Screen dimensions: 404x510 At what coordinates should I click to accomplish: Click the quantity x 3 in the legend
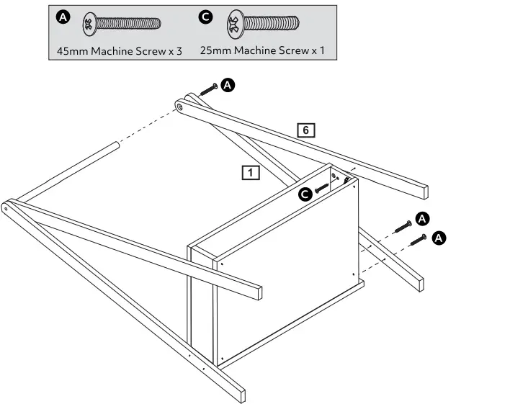(x=174, y=51)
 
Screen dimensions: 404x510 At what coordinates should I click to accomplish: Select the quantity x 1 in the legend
(x=318, y=51)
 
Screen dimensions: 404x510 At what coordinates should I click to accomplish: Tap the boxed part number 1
(x=250, y=172)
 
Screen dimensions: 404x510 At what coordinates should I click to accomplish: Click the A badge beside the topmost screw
(x=228, y=86)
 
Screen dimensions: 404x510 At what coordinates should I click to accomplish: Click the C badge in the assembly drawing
(x=305, y=192)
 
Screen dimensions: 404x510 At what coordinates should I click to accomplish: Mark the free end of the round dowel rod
(x=114, y=146)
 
